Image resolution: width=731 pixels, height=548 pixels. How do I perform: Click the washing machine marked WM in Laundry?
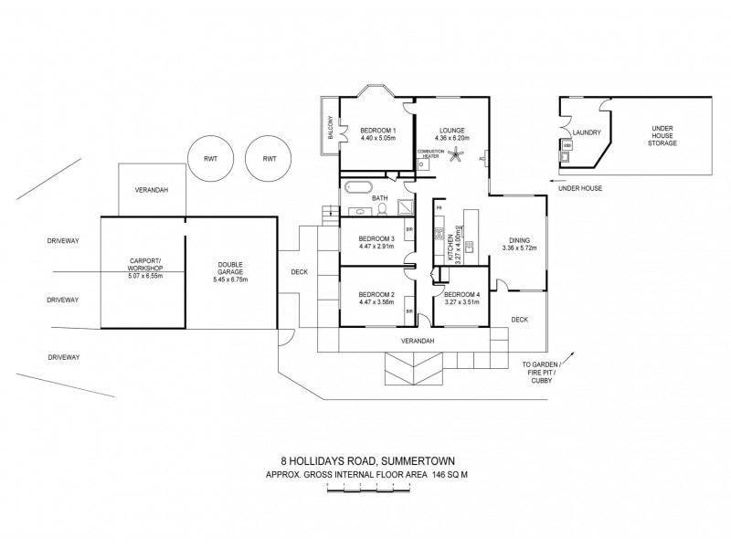[x=567, y=145]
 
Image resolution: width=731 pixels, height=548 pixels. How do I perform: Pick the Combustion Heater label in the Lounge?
[x=429, y=153]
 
